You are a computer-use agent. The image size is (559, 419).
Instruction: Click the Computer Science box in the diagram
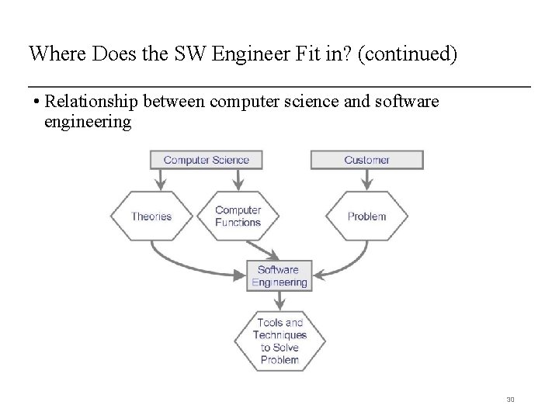tap(206, 160)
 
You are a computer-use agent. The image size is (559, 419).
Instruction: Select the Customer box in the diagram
tap(366, 160)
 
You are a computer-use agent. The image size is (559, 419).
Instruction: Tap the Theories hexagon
tap(151, 216)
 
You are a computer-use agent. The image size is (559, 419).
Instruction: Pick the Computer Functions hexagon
tap(238, 216)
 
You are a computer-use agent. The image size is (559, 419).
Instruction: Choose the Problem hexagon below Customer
tap(366, 216)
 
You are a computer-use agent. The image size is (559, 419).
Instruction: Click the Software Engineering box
tap(279, 276)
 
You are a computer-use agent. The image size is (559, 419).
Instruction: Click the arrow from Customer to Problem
tap(366, 180)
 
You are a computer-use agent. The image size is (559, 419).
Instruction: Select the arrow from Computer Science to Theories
tap(161, 180)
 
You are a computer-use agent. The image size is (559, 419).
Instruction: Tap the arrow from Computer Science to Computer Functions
tap(237, 180)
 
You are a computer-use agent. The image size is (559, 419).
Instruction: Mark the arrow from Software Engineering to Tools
tap(279, 300)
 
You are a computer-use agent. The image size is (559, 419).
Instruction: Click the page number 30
tap(510, 400)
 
